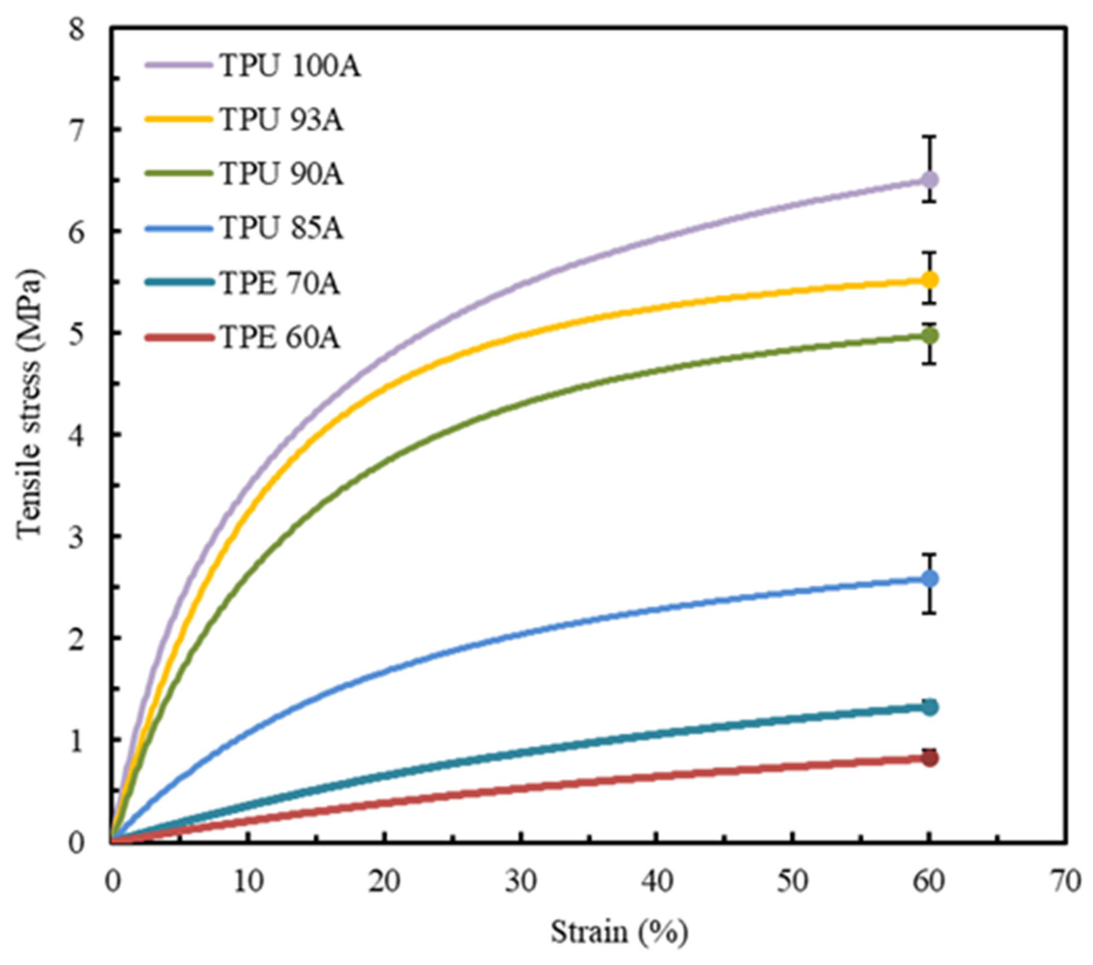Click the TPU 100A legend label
tap(290, 67)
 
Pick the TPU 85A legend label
tap(281, 229)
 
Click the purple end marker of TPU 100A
tap(930, 180)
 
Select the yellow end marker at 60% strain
tap(930, 280)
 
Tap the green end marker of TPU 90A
tap(930, 336)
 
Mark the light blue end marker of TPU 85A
tap(930, 579)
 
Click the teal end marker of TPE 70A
tap(930, 707)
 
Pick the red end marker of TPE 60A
tap(930, 758)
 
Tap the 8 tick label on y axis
tap(77, 29)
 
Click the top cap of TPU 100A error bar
tap(930, 137)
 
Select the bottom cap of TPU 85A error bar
tap(930, 612)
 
